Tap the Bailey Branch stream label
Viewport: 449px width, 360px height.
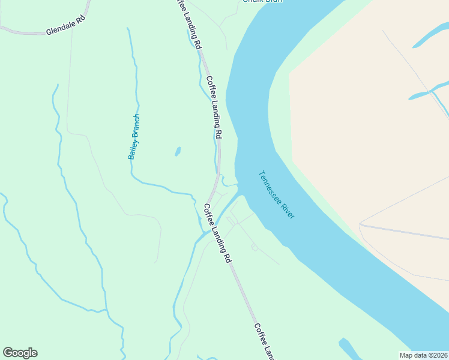pyautogui.click(x=134, y=137)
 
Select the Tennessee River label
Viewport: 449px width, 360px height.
pyautogui.click(x=277, y=195)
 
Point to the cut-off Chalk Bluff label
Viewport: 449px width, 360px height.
pyautogui.click(x=262, y=1)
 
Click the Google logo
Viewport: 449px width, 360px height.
pyautogui.click(x=20, y=353)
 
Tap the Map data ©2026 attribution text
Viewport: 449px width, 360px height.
pyautogui.click(x=424, y=355)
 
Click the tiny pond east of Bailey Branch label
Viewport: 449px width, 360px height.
pyautogui.click(x=178, y=151)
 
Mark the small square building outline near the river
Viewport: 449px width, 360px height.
pyautogui.click(x=255, y=248)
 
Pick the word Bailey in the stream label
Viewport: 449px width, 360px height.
pyautogui.click(x=131, y=148)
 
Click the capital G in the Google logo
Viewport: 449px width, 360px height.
pyautogui.click(x=7, y=353)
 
